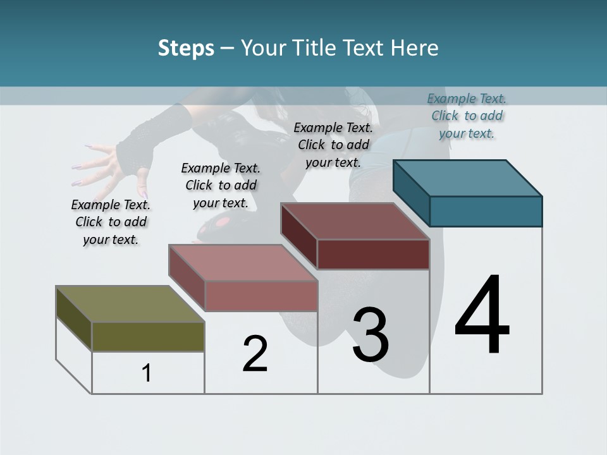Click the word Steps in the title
[x=186, y=48]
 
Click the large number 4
[x=482, y=315]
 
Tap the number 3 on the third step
[x=370, y=335]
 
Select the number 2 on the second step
[x=255, y=354]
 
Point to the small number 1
[x=147, y=373]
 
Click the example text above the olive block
[x=111, y=222]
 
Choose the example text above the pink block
[x=221, y=185]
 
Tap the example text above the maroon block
[x=333, y=145]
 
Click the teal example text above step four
[x=467, y=116]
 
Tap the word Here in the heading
[x=415, y=48]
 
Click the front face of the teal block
[x=486, y=211]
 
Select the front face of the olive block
[x=148, y=336]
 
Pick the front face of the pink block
[x=261, y=296]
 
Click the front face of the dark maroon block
[x=373, y=254]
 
